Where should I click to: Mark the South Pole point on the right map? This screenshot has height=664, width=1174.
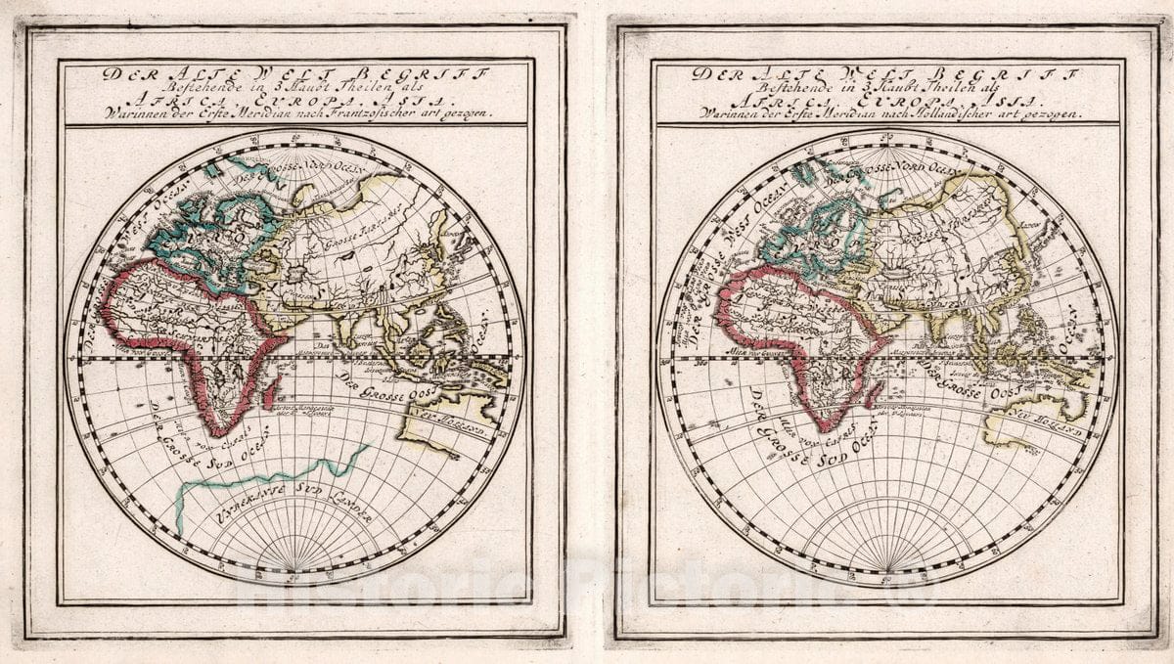click(x=887, y=571)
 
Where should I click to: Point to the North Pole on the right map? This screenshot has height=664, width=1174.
click(x=887, y=147)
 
